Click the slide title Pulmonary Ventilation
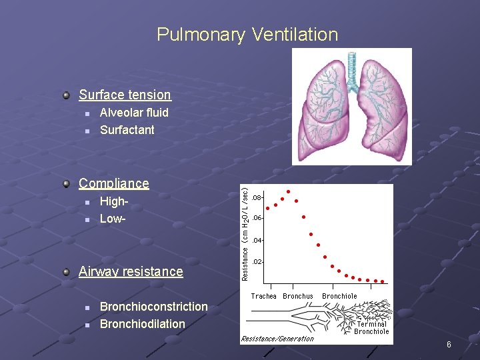coord(247,34)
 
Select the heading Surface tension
coord(125,95)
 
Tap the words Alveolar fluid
coord(134,113)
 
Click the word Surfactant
coord(127,130)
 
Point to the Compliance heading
coord(113,183)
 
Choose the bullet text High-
coord(113,201)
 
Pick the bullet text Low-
coord(113,218)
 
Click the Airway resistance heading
coord(131,271)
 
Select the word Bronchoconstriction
coord(153,307)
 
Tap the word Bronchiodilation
coord(142,324)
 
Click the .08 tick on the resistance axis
coord(257,197)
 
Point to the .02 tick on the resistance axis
coord(257,262)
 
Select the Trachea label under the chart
coord(263,296)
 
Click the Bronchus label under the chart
coord(298,296)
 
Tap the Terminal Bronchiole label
coord(371,327)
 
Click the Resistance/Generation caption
coord(277,339)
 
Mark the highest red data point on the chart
coord(288,192)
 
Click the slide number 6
coord(449,345)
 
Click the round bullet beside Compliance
coord(66,183)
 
